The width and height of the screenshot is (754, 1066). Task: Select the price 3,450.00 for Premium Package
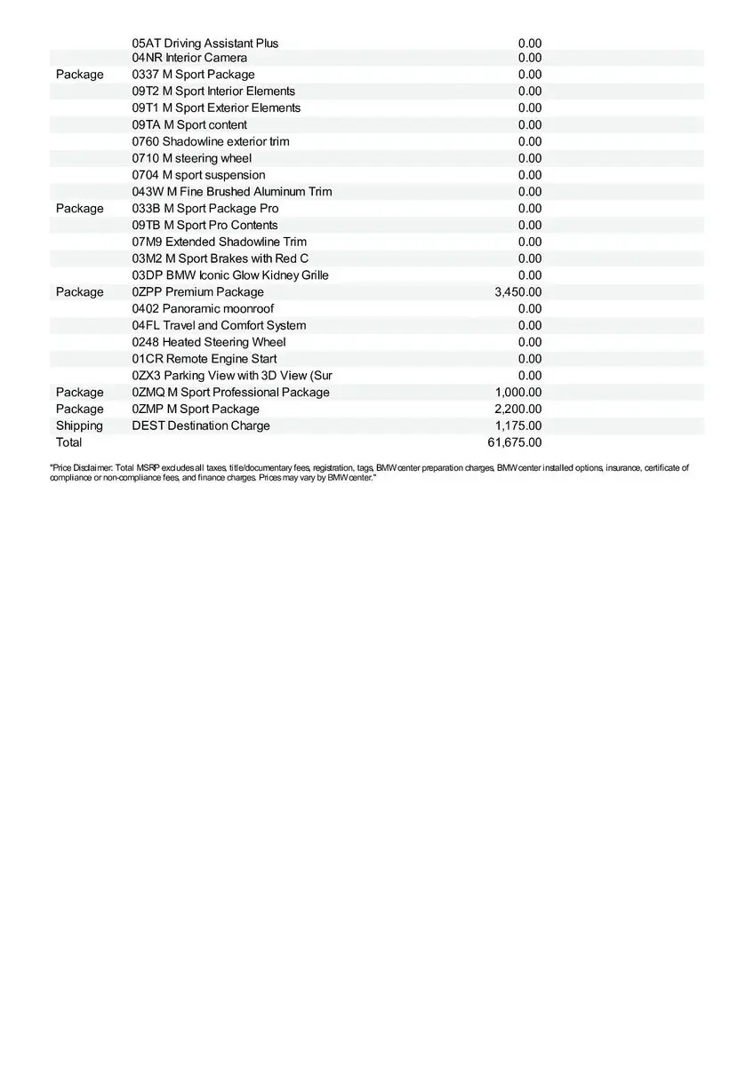tap(517, 292)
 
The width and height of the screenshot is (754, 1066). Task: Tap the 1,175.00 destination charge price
tap(517, 426)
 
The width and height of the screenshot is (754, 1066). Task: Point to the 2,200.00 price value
tap(517, 409)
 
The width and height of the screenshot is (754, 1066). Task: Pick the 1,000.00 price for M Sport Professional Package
tap(517, 393)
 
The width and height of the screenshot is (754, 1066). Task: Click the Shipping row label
tap(79, 426)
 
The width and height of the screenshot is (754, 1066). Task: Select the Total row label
tap(68, 442)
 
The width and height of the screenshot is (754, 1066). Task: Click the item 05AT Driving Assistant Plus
tap(205, 44)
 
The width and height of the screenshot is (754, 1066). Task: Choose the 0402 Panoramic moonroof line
tap(203, 309)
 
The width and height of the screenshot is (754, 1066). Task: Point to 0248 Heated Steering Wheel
tap(209, 342)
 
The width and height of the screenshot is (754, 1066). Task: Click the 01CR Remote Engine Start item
tap(205, 359)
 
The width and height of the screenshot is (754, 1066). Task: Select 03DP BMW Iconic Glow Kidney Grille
tap(230, 275)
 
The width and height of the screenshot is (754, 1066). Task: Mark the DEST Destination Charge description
tap(201, 426)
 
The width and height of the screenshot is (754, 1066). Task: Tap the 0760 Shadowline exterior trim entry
tap(211, 141)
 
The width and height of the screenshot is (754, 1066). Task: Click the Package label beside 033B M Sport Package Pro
tap(79, 209)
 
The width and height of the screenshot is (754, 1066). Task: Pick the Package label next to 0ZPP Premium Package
tap(79, 292)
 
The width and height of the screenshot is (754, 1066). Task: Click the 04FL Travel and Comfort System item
tap(219, 325)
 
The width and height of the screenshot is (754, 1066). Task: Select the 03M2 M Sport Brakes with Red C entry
tap(221, 259)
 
